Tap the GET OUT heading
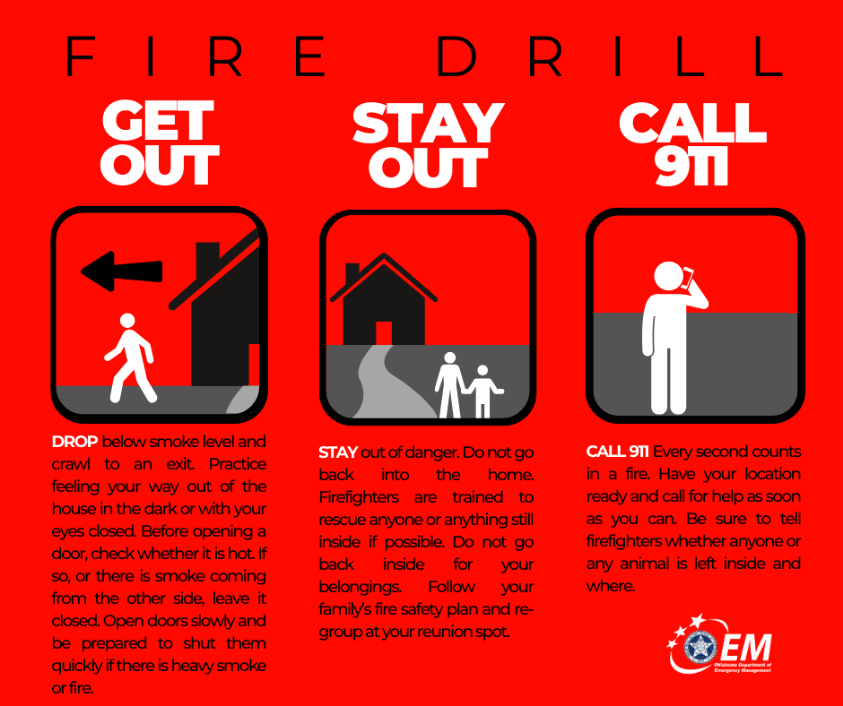click(160, 143)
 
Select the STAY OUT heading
click(429, 145)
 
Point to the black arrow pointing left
click(121, 269)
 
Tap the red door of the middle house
click(384, 332)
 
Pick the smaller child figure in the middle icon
click(483, 391)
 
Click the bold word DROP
click(75, 443)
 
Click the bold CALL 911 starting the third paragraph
click(617, 451)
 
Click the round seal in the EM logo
click(700, 648)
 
